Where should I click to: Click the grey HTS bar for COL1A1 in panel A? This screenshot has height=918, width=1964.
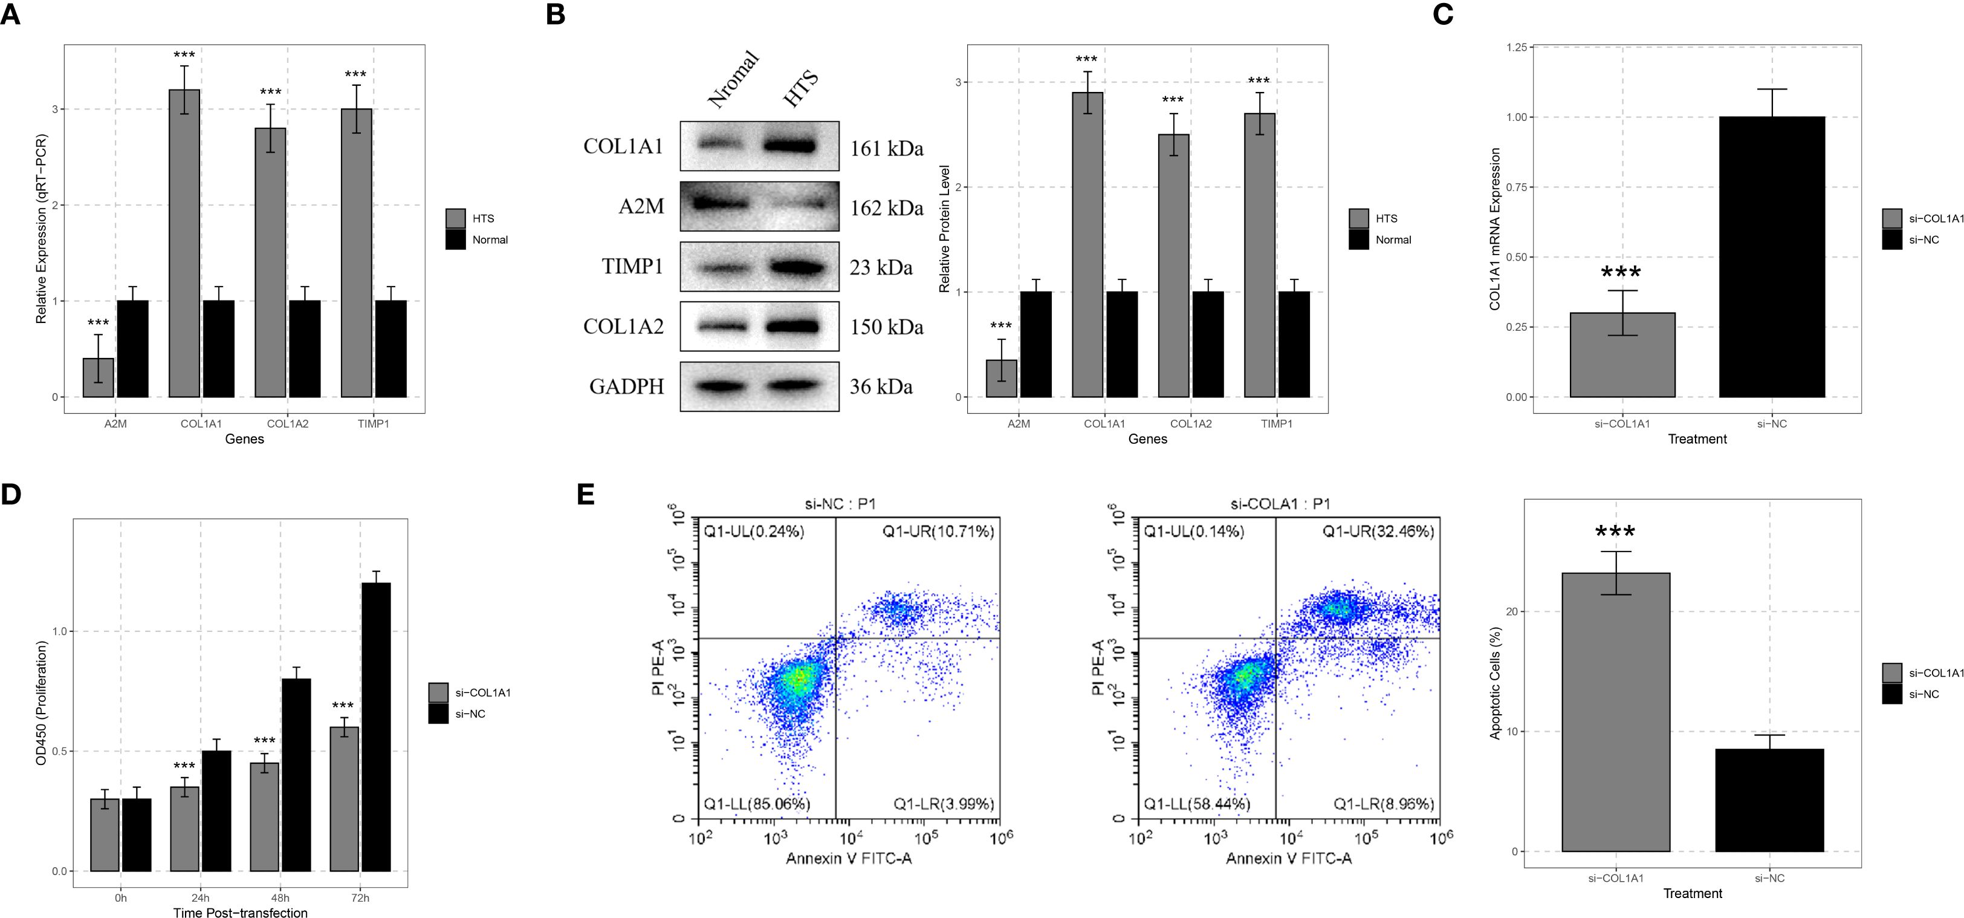pyautogui.click(x=184, y=243)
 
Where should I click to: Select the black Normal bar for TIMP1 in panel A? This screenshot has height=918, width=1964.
pyautogui.click(x=391, y=348)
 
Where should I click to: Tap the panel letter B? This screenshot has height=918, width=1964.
pyautogui.click(x=555, y=15)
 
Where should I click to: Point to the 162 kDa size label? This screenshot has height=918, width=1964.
pyautogui.click(x=886, y=207)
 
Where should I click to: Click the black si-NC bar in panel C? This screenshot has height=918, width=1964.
pyautogui.click(x=1771, y=257)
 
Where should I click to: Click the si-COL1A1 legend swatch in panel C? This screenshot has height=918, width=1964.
pyautogui.click(x=1891, y=219)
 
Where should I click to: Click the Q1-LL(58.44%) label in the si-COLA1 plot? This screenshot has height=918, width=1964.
pyautogui.click(x=1196, y=804)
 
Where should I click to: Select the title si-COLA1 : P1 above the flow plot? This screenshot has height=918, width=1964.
pyautogui.click(x=1280, y=504)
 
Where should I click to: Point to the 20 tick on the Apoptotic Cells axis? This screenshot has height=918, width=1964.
pyautogui.click(x=1514, y=611)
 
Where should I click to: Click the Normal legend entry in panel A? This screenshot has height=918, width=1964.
pyautogui.click(x=490, y=240)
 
